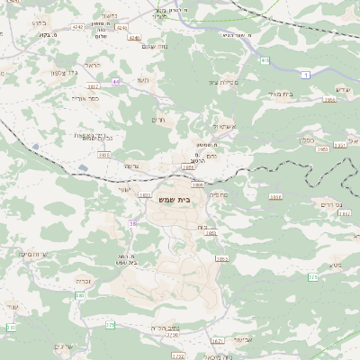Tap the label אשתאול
pos(223,126)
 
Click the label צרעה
pos(130,166)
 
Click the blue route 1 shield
pos(307,75)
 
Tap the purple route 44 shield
pos(116,82)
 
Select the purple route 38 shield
pos(133,223)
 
